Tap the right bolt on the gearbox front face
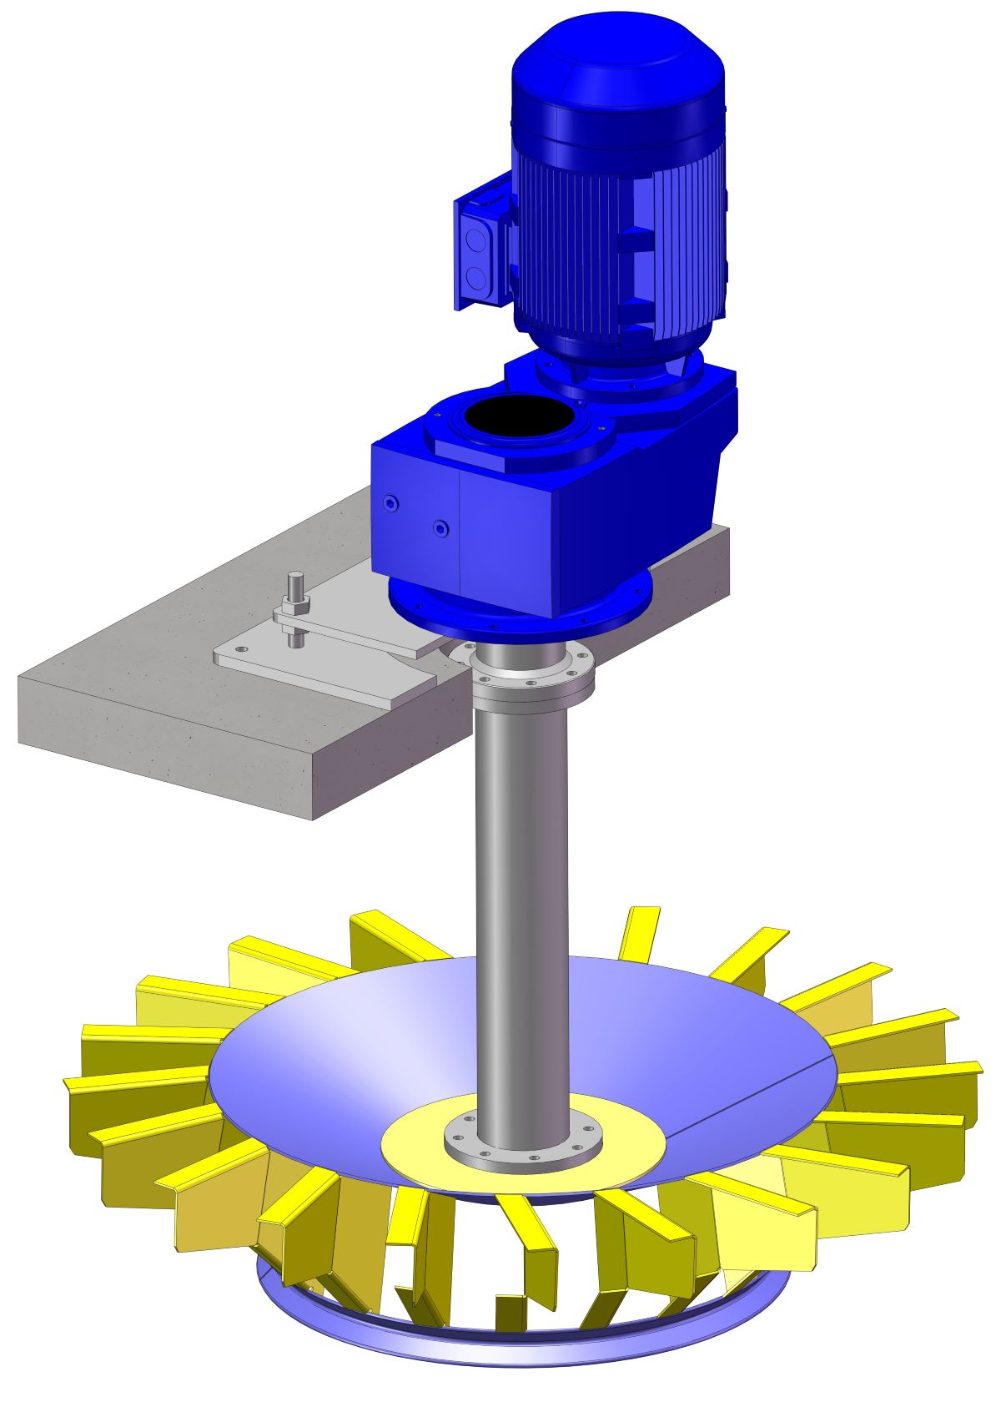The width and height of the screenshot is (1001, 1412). click(440, 528)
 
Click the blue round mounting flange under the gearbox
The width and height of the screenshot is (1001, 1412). click(517, 613)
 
